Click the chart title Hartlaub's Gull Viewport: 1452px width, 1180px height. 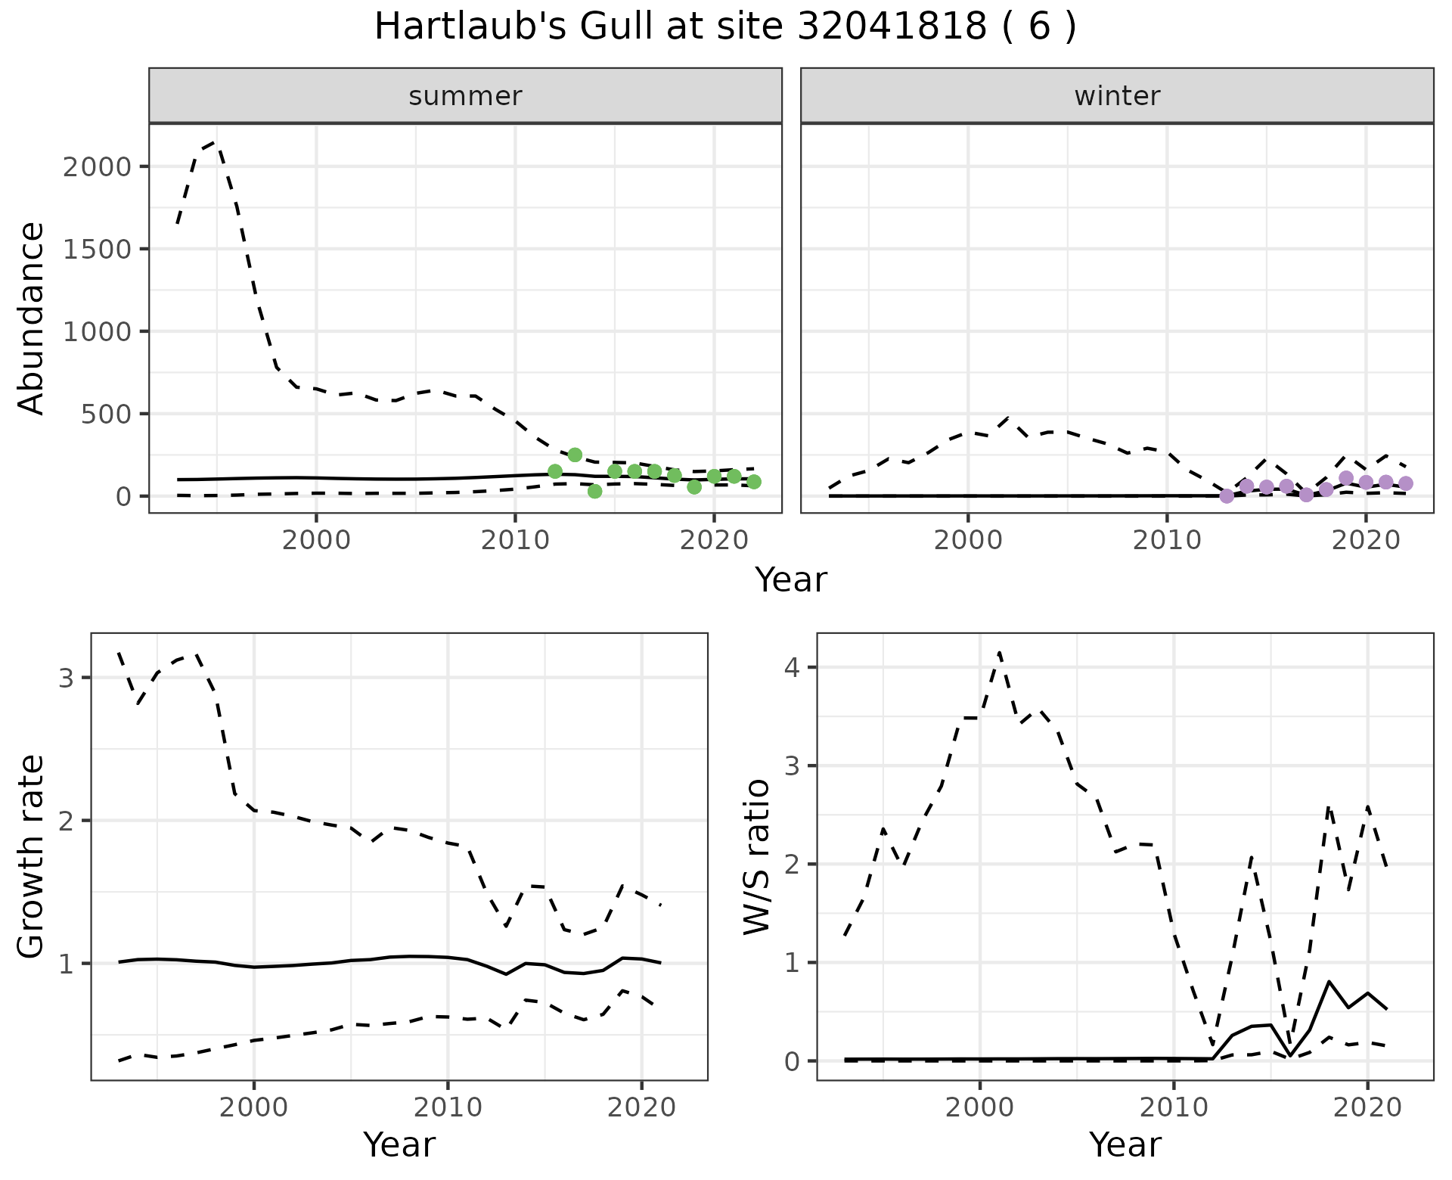(x=724, y=27)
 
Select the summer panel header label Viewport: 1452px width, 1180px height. (x=465, y=96)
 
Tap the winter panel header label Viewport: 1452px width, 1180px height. (x=1117, y=96)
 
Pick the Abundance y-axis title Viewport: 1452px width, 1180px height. (x=31, y=318)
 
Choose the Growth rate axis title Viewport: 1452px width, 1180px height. (x=31, y=856)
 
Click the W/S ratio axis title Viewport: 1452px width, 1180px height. (x=756, y=856)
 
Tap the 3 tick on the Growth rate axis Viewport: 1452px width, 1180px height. (x=66, y=678)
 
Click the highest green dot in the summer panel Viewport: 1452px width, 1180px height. (x=575, y=455)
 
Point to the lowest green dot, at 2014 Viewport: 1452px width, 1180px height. (x=594, y=491)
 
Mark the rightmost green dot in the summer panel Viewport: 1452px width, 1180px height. (x=753, y=482)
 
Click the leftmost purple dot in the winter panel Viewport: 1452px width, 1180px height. (x=1227, y=496)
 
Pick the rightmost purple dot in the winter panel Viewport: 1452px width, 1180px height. (x=1405, y=483)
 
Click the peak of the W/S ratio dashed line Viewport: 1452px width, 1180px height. (x=999, y=652)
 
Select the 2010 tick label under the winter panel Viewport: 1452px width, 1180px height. (x=1167, y=541)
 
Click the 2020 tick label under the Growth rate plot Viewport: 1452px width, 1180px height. (x=641, y=1108)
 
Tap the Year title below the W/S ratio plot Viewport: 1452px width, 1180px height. (x=1125, y=1145)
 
